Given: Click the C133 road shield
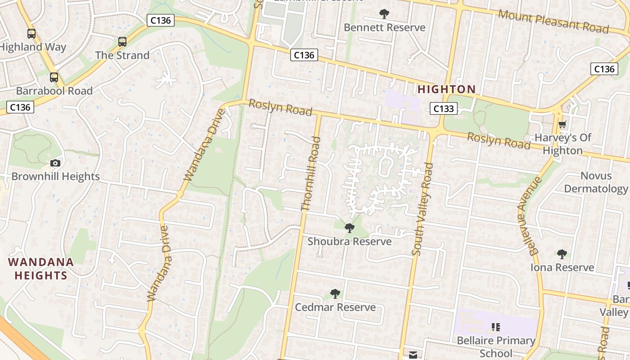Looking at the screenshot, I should (x=443, y=108).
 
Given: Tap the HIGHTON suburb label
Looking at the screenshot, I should (x=446, y=89).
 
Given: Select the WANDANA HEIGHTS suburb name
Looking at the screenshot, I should (x=40, y=269).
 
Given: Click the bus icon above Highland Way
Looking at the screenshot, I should (x=31, y=33).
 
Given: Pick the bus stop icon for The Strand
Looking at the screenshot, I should (x=122, y=42).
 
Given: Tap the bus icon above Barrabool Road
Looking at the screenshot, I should (x=54, y=77).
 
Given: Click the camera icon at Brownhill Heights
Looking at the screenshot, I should (x=55, y=163).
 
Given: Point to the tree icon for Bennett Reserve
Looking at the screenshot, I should (x=384, y=14).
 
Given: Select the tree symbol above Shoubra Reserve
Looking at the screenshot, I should (x=349, y=228).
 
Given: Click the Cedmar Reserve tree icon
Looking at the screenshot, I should (x=335, y=294).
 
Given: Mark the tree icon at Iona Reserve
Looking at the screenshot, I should (x=562, y=254).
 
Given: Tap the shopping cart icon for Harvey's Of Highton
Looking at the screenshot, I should (x=562, y=124).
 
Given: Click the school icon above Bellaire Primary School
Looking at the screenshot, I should (x=496, y=327).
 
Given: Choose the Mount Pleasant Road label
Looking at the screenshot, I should (x=553, y=21).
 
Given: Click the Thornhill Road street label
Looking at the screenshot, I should (x=311, y=174).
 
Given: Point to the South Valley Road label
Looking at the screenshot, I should (x=423, y=209).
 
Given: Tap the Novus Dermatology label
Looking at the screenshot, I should (x=596, y=182).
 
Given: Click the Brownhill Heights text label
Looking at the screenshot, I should (x=55, y=176).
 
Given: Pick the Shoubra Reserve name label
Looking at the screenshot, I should (x=349, y=242).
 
